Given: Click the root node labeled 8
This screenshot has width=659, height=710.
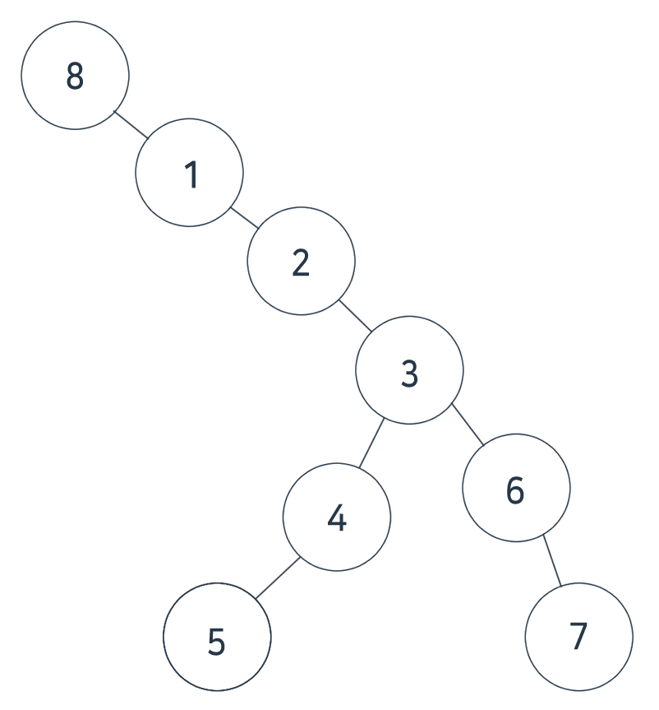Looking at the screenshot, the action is tap(75, 76).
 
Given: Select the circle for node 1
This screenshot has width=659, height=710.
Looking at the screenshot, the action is tap(189, 173).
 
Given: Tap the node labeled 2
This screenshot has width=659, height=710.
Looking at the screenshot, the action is tap(302, 261).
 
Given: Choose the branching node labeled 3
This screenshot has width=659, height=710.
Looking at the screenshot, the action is tap(409, 370).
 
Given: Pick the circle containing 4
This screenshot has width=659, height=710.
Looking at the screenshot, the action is tap(337, 517).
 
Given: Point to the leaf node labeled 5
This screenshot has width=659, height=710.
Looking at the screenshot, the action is tap(217, 637).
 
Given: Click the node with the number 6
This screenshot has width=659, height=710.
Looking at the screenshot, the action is tap(516, 488).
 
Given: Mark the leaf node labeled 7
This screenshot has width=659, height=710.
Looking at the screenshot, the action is tap(579, 637).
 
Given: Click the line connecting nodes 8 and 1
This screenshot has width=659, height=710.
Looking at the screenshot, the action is tap(131, 123).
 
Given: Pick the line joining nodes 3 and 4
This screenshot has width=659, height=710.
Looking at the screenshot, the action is tap(372, 444).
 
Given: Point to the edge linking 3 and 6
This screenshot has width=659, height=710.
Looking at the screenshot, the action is tap(468, 425).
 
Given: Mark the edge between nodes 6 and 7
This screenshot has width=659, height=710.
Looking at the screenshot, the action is tap(552, 561).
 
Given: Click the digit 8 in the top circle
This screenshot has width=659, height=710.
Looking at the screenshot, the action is tap(75, 77).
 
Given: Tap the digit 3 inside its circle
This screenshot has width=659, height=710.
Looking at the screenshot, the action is tap(410, 373).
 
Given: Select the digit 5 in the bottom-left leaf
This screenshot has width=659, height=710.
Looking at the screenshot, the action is tap(216, 642).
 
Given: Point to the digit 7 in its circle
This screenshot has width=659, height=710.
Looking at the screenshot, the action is tap(578, 635).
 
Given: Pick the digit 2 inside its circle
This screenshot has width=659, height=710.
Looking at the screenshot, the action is tap(301, 262).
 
